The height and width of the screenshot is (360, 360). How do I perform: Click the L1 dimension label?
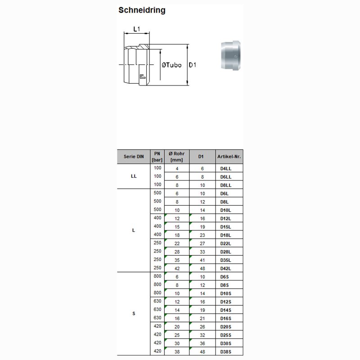click(137, 30)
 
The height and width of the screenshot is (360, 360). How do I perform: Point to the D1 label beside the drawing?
click(193, 65)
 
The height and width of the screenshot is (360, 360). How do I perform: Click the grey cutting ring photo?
click(232, 55)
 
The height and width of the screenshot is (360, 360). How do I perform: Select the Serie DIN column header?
click(134, 157)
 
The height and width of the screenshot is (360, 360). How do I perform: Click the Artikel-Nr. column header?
click(229, 157)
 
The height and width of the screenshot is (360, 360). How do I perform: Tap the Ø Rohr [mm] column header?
click(176, 157)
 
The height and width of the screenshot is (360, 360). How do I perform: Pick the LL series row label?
click(134, 176)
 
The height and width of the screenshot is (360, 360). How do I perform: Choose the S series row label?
click(134, 313)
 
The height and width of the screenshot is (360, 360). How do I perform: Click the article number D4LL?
click(225, 168)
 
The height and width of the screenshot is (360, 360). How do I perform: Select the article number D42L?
click(225, 268)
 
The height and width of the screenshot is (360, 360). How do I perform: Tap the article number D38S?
click(225, 351)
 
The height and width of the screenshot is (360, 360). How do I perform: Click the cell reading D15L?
click(225, 227)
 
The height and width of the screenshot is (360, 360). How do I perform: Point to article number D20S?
click(225, 327)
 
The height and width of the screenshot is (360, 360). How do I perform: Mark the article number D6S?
click(225, 276)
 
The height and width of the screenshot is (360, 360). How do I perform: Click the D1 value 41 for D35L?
click(202, 260)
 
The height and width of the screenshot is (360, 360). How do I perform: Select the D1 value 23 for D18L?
click(202, 235)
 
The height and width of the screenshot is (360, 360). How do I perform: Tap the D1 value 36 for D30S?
click(202, 343)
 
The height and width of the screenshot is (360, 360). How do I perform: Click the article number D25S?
click(225, 335)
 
